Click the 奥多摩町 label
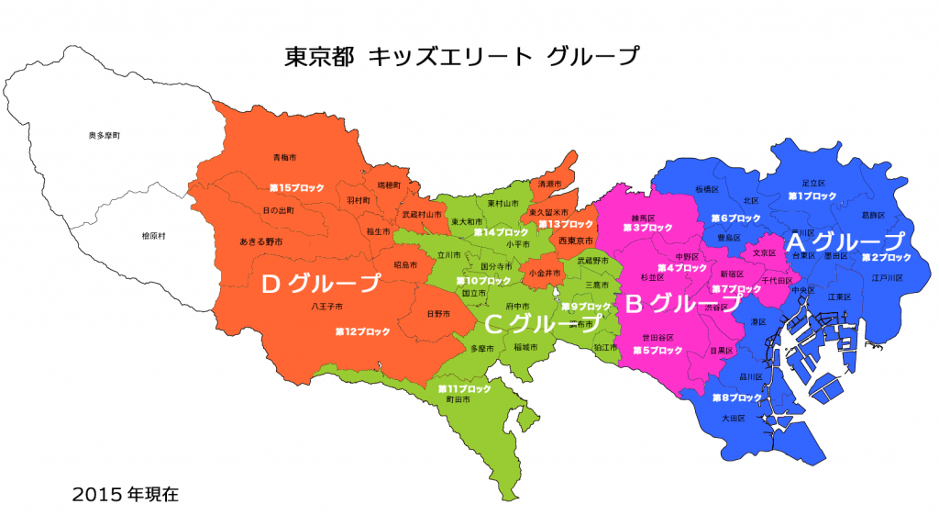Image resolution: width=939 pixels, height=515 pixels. pyautogui.click(x=105, y=135)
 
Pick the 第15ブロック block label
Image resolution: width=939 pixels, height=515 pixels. pyautogui.click(x=296, y=187)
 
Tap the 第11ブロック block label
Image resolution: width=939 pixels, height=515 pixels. pyautogui.click(x=465, y=389)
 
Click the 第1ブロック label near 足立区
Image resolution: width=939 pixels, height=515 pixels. pyautogui.click(x=812, y=196)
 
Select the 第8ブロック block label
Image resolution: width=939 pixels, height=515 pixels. pyautogui.click(x=737, y=397)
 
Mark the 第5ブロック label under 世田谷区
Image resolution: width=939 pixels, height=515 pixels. pyautogui.click(x=658, y=350)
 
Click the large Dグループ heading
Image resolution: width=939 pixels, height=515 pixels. pyautogui.click(x=320, y=284)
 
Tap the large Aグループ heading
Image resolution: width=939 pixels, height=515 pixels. pyautogui.click(x=844, y=241)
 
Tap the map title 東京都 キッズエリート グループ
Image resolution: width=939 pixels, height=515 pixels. pyautogui.click(x=463, y=56)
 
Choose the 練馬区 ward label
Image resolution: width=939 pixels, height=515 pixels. pyautogui.click(x=641, y=218)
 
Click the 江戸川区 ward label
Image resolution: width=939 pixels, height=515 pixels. pyautogui.click(x=888, y=277)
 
